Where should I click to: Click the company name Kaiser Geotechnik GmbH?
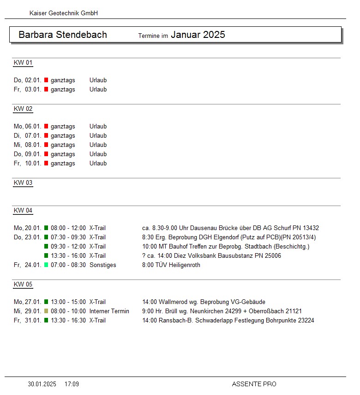pyautogui.click(x=64, y=13)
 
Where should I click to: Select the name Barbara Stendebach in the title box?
pyautogui.click(x=63, y=35)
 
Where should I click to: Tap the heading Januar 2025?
pyautogui.click(x=198, y=35)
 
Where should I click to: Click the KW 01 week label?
pyautogui.click(x=23, y=63)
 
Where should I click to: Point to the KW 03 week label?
pyautogui.click(x=23, y=182)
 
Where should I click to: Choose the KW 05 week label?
pyautogui.click(x=23, y=284)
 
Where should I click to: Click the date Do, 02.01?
pyautogui.click(x=28, y=80)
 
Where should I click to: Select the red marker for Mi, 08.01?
pyautogui.click(x=46, y=145)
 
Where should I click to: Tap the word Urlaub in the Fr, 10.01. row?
pyautogui.click(x=98, y=164)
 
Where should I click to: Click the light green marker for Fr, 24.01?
pyautogui.click(x=46, y=265)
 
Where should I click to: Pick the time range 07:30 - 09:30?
pyautogui.click(x=68, y=237)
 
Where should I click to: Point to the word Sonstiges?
pyautogui.click(x=103, y=265)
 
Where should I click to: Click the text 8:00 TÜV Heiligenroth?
pyautogui.click(x=171, y=265)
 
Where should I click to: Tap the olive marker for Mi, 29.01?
pyautogui.click(x=46, y=311)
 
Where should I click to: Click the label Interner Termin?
pyautogui.click(x=109, y=311)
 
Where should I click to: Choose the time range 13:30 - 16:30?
pyautogui.click(x=68, y=321)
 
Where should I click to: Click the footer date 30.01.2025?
pyautogui.click(x=42, y=384)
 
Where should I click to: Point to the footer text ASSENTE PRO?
pyautogui.click(x=254, y=384)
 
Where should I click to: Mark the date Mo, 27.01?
pyautogui.click(x=28, y=302)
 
